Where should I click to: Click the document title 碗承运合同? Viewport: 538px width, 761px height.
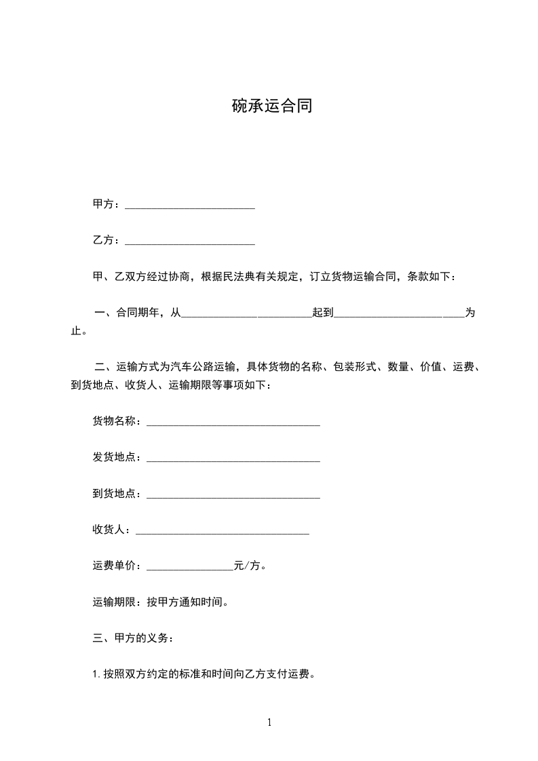pos(272,106)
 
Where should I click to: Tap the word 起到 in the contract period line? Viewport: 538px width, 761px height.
pos(322,313)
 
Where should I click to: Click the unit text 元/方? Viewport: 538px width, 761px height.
pos(250,566)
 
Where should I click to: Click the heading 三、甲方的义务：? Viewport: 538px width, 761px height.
pos(133,638)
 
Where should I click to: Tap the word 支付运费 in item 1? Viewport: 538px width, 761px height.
pos(288,675)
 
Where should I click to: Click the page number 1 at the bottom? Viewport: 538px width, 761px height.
pos(269,723)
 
